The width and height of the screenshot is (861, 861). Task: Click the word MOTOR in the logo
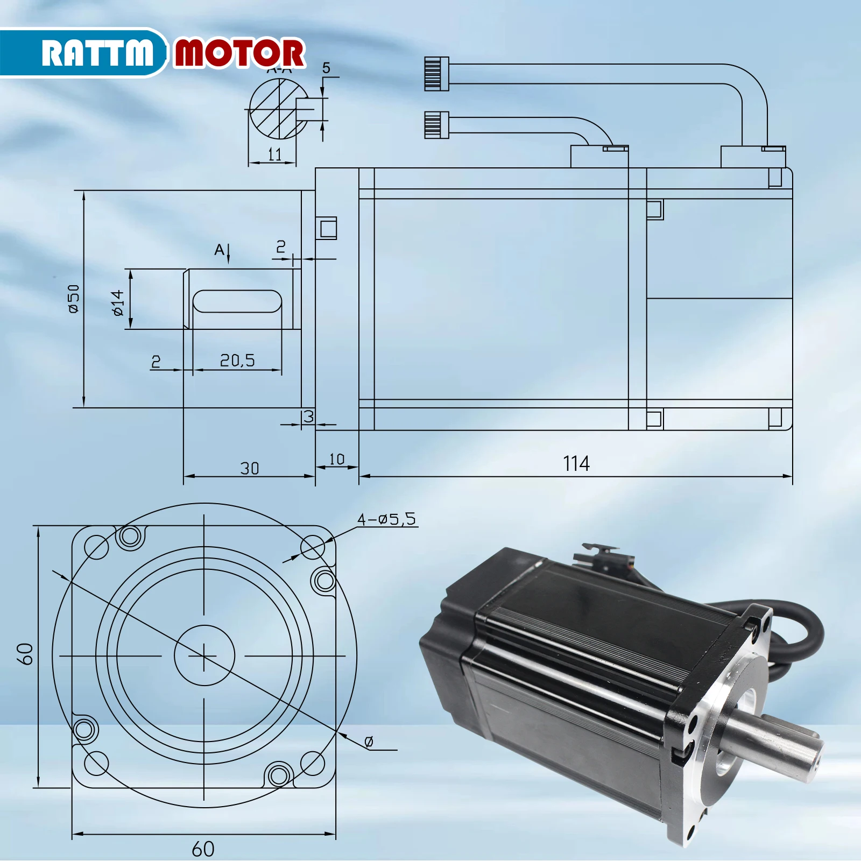click(x=239, y=53)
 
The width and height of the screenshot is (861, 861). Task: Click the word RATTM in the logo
click(x=97, y=53)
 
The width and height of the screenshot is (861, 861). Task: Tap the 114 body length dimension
click(x=576, y=463)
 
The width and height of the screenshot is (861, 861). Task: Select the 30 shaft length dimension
click(x=249, y=468)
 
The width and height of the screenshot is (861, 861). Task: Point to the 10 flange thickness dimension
click(x=336, y=460)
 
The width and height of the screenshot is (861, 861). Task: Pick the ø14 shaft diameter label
click(x=117, y=302)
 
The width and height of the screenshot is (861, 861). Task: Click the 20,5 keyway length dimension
click(x=237, y=360)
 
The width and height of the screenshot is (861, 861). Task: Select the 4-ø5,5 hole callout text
click(x=386, y=519)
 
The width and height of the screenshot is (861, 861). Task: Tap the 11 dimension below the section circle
click(x=274, y=154)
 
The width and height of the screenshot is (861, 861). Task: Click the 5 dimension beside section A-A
click(x=326, y=68)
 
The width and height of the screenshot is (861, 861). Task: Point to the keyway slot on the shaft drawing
click(x=237, y=301)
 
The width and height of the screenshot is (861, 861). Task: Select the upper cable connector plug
click(x=436, y=74)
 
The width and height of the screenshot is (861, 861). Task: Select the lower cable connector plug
click(x=436, y=124)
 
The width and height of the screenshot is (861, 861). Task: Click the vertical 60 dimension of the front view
click(x=27, y=654)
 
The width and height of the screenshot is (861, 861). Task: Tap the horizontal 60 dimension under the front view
click(x=203, y=849)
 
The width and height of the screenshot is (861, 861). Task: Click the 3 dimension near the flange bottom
click(x=308, y=416)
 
